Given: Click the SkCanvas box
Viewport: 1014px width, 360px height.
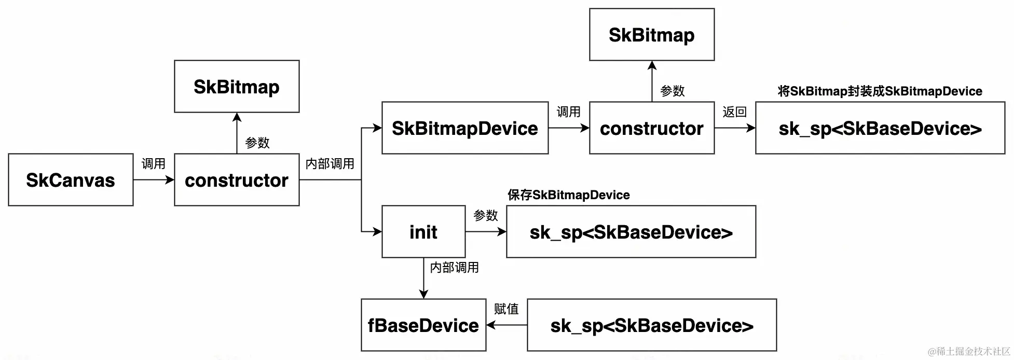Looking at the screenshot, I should point(71,179).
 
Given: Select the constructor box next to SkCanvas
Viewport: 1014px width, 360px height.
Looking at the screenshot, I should point(237,179).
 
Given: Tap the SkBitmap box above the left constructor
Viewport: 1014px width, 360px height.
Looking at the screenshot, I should point(237,86).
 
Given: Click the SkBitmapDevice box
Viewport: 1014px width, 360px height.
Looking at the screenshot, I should point(465,128).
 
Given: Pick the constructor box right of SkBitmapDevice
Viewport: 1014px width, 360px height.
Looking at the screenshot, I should point(652,128).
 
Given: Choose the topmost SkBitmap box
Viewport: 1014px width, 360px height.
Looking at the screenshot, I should point(652,34).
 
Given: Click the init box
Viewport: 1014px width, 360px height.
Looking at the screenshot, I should point(423,231).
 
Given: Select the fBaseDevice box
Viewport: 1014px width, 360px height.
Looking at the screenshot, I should point(423,325).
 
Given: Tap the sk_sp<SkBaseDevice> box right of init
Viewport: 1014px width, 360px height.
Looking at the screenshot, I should point(631,231).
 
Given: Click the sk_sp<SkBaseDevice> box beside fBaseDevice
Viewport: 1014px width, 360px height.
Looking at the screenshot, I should point(652,325).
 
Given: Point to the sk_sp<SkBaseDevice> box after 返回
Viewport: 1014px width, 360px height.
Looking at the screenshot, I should point(880,128).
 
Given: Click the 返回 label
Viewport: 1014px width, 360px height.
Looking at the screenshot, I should point(734,112).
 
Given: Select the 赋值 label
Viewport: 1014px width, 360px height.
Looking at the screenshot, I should point(506,309).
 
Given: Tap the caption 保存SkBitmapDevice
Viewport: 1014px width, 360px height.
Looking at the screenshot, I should point(568,195).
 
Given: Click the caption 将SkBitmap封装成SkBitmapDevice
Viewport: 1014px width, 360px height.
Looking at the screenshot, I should point(880,91).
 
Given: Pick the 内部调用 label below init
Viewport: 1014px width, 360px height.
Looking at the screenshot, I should point(454,268).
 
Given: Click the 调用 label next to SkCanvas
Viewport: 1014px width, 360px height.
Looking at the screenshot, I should point(153,164).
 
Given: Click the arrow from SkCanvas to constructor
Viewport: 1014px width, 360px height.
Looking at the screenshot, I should point(154,180).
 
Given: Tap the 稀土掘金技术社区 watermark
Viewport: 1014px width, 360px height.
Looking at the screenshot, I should point(969,352).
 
